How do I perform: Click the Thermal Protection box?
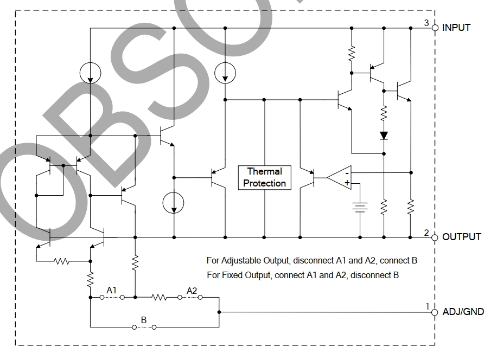(x=264, y=177)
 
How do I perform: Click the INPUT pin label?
(x=456, y=27)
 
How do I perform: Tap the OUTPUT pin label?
(x=461, y=237)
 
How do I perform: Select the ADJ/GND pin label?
(x=463, y=312)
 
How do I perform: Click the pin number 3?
(x=426, y=23)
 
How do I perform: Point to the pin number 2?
(x=426, y=233)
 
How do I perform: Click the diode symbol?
(x=384, y=135)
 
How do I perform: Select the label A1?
(x=111, y=291)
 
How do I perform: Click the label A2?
(x=192, y=291)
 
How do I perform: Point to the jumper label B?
(x=144, y=320)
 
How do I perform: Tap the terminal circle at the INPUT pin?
(x=435, y=27)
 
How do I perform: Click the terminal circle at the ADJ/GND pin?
(x=435, y=312)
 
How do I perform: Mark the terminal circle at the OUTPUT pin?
(x=435, y=237)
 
